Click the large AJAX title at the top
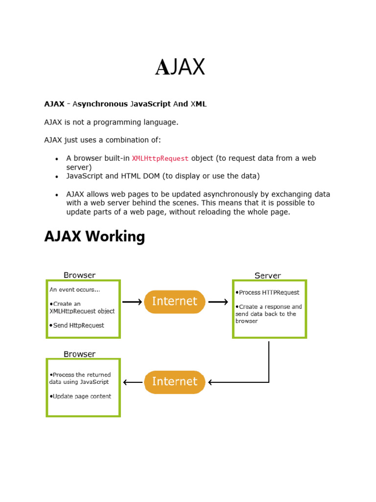click(180, 67)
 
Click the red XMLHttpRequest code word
click(160, 158)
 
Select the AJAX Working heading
click(94, 237)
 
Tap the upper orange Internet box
click(175, 301)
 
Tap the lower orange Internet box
click(175, 382)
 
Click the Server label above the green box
click(267, 276)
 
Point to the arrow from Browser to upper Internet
click(132, 302)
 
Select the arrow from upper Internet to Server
click(218, 302)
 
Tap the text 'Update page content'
click(81, 396)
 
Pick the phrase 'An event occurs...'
click(75, 290)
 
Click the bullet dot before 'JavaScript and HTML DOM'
click(57, 176)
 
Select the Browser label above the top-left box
click(79, 275)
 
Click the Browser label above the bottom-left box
click(79, 354)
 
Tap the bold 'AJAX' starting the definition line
click(54, 104)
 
